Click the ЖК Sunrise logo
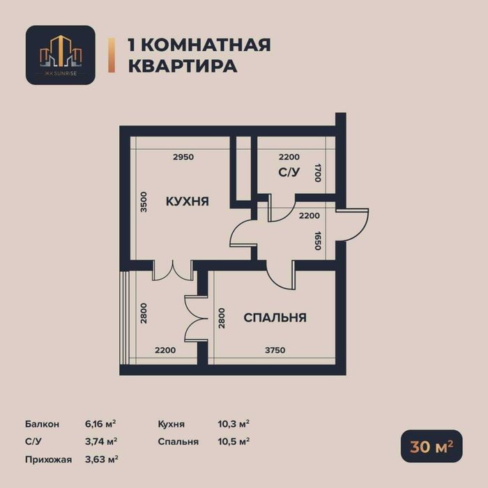click(x=60, y=55)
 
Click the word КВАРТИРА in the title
click(x=182, y=66)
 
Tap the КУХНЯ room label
click(x=188, y=201)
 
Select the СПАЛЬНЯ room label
click(x=275, y=318)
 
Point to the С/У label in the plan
click(x=289, y=174)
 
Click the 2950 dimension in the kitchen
click(x=183, y=157)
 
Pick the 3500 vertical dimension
click(x=144, y=201)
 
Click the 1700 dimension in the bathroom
click(x=318, y=173)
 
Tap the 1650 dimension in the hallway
click(x=318, y=241)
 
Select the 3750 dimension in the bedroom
click(x=275, y=351)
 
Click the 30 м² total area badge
click(x=431, y=446)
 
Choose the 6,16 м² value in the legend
click(x=100, y=424)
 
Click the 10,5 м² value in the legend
click(x=234, y=441)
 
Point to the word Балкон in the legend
click(x=41, y=424)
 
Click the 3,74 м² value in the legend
click(x=100, y=441)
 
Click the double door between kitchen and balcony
click(x=171, y=271)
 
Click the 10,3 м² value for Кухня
click(x=234, y=424)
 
